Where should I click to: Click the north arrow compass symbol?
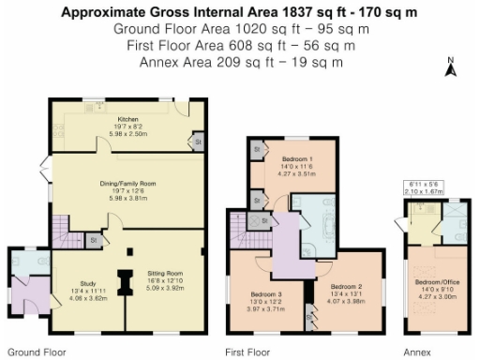tap(449, 67)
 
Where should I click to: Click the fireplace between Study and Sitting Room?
tap(124, 281)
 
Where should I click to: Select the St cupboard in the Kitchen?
tap(198, 142)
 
